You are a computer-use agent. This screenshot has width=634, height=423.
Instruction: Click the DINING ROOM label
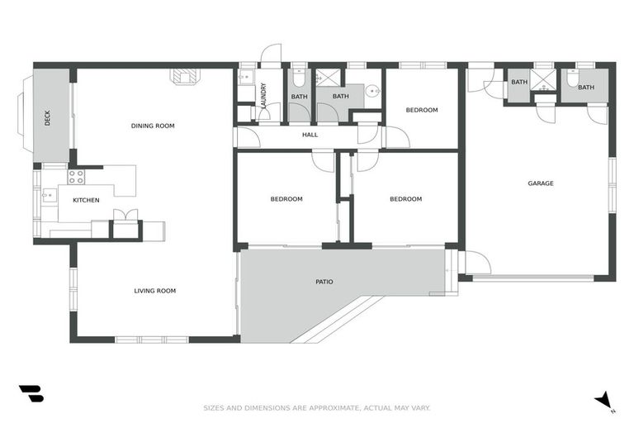153,126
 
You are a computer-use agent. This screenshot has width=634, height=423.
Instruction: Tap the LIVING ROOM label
155,291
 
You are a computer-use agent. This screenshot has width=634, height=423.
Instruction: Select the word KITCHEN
86,200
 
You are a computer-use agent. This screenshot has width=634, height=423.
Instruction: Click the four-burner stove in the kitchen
76,176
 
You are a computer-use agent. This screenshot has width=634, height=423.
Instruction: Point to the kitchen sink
49,197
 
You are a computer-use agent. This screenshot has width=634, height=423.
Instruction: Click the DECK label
47,118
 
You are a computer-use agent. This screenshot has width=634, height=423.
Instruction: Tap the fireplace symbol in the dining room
183,76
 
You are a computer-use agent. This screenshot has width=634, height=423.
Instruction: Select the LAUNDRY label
263,96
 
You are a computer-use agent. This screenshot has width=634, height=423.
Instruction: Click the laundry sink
245,78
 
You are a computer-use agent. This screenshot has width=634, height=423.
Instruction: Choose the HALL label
310,135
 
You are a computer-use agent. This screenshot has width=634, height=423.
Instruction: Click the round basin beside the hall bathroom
372,92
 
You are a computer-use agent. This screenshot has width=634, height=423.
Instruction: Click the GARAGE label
541,183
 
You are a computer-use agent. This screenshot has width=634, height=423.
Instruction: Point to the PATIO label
324,282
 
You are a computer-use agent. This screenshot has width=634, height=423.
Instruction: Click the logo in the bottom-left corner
31,394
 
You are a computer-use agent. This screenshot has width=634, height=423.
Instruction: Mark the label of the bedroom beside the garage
421,110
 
